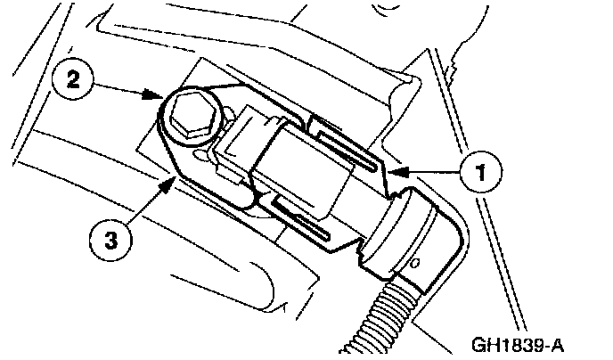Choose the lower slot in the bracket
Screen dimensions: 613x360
tap(307, 223)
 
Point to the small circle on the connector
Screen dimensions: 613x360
tap(416, 263)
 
